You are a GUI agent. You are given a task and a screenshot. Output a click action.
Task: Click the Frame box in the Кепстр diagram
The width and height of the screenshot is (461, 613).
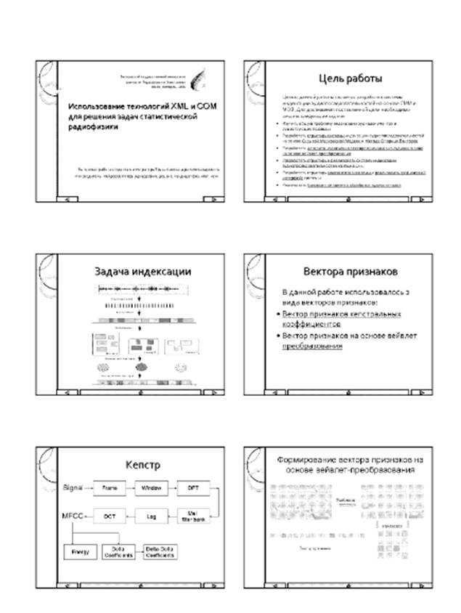(109, 486)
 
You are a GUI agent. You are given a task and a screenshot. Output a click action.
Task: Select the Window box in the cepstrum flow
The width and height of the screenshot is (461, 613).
(151, 486)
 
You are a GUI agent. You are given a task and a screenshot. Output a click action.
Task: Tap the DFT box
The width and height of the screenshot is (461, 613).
(193, 486)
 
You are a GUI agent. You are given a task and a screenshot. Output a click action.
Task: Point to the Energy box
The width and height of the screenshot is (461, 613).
(78, 552)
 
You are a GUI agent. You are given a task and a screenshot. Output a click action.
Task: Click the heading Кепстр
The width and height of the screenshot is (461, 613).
(142, 463)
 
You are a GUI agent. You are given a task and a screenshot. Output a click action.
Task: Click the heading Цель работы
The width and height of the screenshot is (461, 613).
(351, 78)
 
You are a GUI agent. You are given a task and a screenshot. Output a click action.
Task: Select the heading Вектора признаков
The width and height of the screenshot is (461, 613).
(350, 271)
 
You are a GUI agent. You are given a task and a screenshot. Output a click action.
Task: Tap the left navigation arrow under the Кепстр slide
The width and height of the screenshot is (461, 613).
(68, 584)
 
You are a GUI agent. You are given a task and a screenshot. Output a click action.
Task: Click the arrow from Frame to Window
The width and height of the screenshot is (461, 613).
(130, 486)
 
